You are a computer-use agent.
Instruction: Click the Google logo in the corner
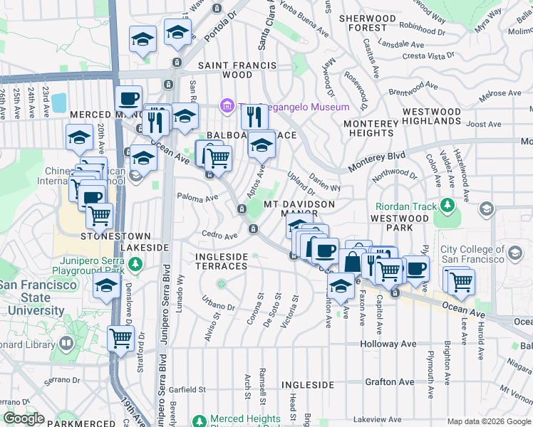(24, 418)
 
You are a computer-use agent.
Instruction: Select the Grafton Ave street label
(390, 382)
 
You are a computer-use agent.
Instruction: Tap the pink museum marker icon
(227, 107)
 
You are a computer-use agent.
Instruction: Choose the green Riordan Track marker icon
(447, 207)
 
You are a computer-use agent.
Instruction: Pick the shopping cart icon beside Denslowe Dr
(120, 338)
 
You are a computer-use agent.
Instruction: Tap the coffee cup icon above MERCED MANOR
(128, 98)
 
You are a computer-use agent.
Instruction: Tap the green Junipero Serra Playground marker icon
(136, 265)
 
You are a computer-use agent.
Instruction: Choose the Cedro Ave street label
(219, 235)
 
